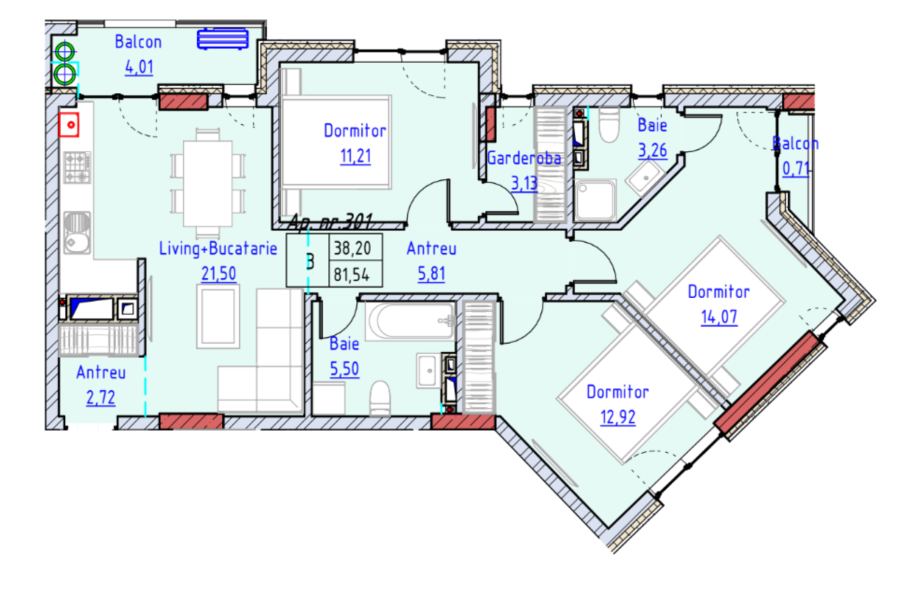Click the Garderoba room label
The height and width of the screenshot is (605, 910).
pos(523,158)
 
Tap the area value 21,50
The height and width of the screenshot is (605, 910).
pos(218,274)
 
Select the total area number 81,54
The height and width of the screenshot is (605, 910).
pos(351,275)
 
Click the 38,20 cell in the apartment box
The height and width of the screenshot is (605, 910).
pos(352,248)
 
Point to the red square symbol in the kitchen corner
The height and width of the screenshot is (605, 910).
pos(69,125)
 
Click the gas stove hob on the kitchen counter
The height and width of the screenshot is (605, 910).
pos(77,167)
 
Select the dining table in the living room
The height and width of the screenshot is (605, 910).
pos(208,183)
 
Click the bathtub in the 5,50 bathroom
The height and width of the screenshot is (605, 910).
pos(410,321)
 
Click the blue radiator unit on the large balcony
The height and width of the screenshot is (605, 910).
pos(223,39)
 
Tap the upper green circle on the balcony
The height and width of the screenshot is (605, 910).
pos(64,52)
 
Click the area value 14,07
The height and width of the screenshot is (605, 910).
pos(719,317)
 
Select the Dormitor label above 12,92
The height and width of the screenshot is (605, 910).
pos(618,392)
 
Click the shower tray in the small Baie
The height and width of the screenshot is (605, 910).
pos(595,200)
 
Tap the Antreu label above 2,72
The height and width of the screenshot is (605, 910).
pos(101,373)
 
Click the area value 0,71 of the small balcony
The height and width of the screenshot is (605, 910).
pos(795,168)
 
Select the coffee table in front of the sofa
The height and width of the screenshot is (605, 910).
pos(218,316)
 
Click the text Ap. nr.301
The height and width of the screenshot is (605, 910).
pos(330,222)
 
